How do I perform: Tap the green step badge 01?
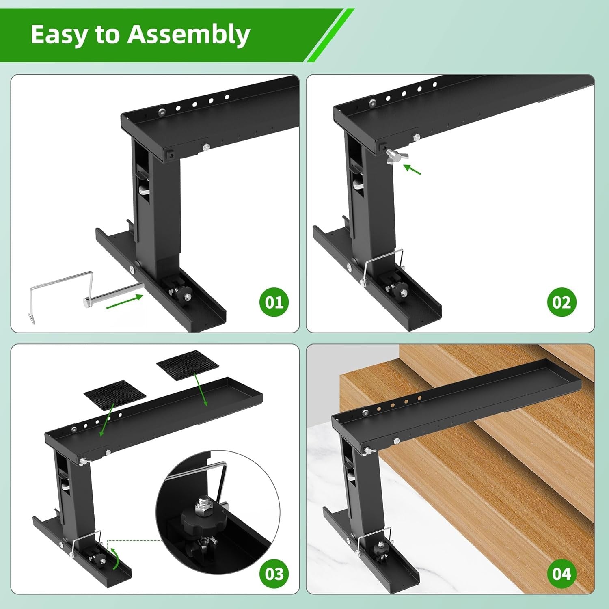(x=274, y=302)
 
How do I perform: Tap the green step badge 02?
(x=561, y=302)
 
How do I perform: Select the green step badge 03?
(x=274, y=574)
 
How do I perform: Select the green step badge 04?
(x=561, y=574)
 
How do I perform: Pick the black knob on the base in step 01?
(x=185, y=292)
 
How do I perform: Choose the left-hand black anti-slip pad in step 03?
(x=114, y=395)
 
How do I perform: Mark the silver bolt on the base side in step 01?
(x=132, y=269)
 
